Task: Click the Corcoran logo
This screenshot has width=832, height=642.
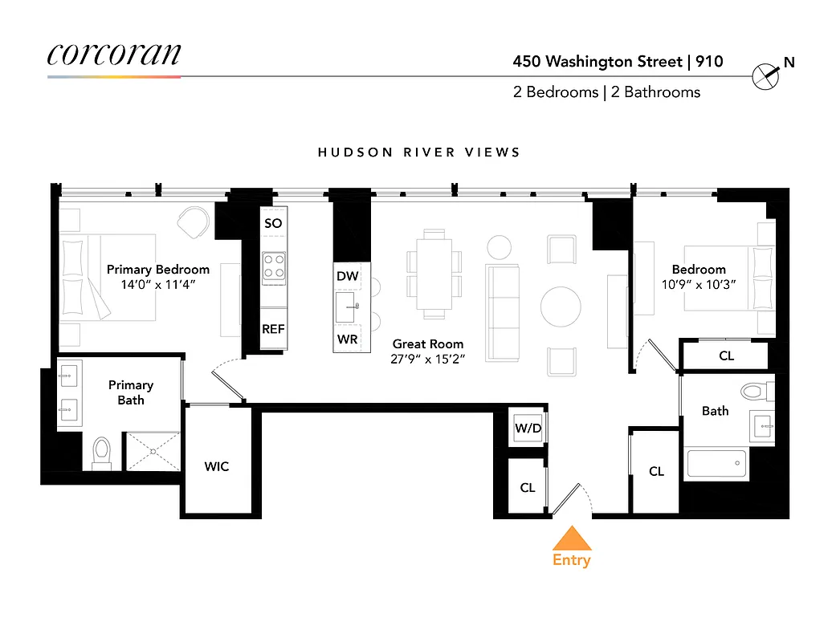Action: point(114,55)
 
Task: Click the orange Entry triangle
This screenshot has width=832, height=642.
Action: point(571,538)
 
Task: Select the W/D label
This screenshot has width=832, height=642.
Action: point(528,429)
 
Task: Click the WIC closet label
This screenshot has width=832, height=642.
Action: point(216,466)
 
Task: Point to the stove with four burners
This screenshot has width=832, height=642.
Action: point(274,266)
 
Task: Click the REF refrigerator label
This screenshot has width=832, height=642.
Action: point(273,329)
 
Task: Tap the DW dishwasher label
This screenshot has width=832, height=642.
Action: point(347,276)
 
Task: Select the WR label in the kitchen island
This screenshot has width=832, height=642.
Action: point(347,339)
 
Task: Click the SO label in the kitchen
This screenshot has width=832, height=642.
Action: point(273,223)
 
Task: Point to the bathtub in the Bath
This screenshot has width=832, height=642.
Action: point(716,464)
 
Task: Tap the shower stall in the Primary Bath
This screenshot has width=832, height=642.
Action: point(151,451)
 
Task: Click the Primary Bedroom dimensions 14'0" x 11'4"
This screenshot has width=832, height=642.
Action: point(157,284)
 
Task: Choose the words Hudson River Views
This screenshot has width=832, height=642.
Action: point(418,152)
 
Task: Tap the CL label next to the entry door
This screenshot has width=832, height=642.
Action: point(528,487)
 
